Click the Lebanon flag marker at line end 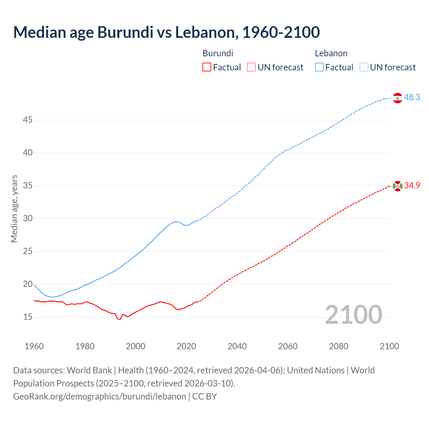click(397, 98)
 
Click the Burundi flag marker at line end click(397, 186)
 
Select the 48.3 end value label click(412, 98)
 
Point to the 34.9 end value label click(412, 186)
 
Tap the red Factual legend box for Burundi click(207, 67)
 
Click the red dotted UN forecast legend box click(251, 67)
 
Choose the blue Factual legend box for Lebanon click(319, 67)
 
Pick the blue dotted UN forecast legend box click(364, 67)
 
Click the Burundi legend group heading click(218, 53)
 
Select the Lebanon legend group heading click(331, 53)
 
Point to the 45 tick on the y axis click(27, 120)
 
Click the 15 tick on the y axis click(27, 317)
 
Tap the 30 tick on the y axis click(27, 218)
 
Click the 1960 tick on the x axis click(34, 346)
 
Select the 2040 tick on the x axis click(237, 346)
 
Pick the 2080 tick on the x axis click(339, 346)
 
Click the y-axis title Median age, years click(14, 208)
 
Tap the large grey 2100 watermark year click(353, 314)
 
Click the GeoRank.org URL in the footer click(100, 396)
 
